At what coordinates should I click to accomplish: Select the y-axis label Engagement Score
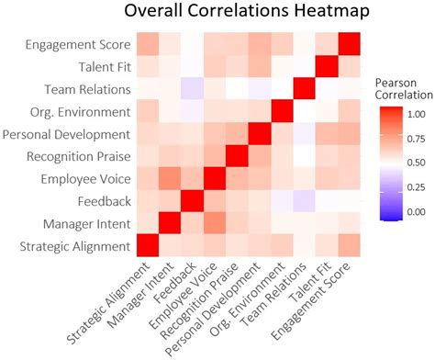[77, 44]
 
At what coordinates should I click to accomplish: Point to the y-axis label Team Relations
[87, 88]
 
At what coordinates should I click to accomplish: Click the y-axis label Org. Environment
[81, 111]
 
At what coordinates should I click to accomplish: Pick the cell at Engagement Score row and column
[349, 44]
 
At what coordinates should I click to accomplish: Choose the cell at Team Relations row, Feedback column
[192, 88]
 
